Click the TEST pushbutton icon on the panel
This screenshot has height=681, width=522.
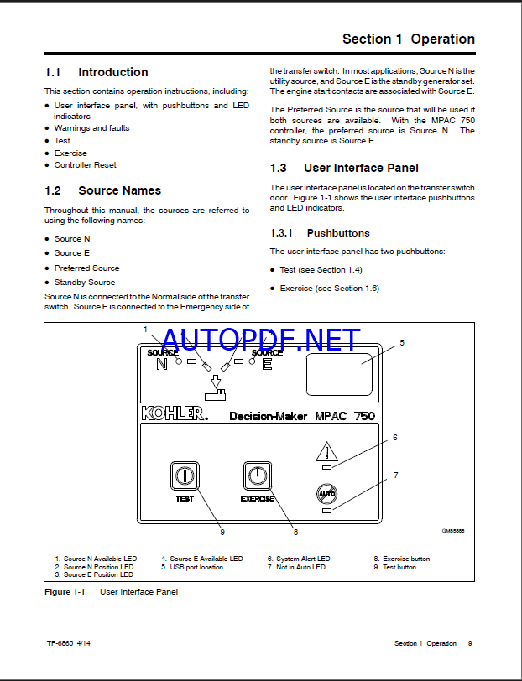(x=184, y=476)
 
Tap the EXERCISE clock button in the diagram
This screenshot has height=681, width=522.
(x=257, y=476)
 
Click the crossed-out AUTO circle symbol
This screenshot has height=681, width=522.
(x=326, y=494)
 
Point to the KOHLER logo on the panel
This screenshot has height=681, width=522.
(x=172, y=413)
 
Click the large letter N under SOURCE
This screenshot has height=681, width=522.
(x=162, y=364)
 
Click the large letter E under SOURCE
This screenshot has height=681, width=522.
(x=267, y=364)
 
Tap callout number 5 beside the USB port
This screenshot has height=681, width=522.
(x=401, y=342)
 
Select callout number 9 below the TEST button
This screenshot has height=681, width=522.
(x=222, y=531)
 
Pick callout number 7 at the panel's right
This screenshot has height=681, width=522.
(x=395, y=476)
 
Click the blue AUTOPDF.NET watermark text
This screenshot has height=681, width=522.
(x=260, y=340)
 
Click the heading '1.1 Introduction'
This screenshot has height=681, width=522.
(x=97, y=73)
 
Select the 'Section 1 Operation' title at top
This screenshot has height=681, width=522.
(x=409, y=39)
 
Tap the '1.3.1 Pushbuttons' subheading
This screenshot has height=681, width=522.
(x=320, y=233)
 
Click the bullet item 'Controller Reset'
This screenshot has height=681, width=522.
(x=86, y=165)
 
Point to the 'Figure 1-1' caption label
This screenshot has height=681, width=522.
(x=65, y=592)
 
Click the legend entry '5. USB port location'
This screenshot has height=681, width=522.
(x=192, y=567)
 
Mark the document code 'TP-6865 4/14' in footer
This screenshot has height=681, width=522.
(x=70, y=644)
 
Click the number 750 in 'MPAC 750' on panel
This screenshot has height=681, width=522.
(x=360, y=415)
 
